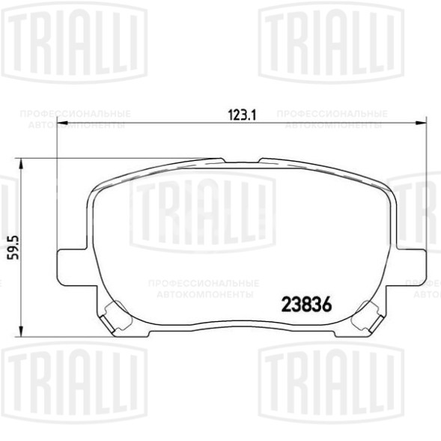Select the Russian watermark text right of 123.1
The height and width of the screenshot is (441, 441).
click(x=333, y=119)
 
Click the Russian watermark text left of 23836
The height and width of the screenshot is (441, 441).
click(x=204, y=289)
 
